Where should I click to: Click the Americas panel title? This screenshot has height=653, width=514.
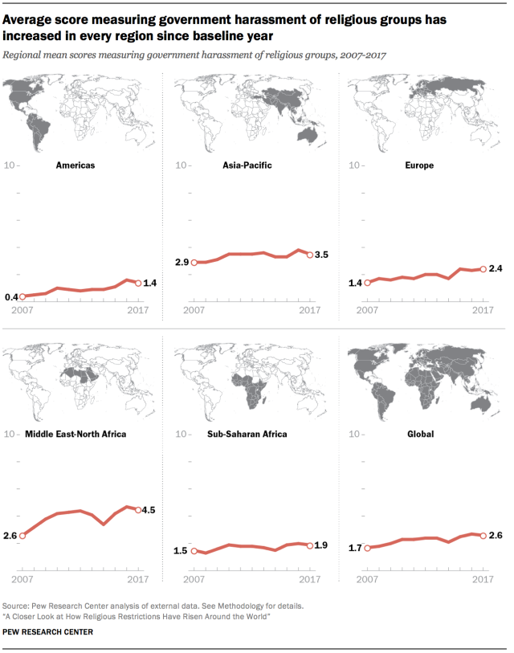click(x=75, y=165)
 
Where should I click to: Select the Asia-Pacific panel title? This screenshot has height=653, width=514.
click(x=247, y=165)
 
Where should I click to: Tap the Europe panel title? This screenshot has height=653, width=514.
click(x=419, y=165)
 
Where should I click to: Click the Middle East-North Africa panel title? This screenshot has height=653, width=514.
click(x=75, y=435)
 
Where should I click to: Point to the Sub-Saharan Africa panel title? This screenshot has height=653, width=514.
click(x=247, y=435)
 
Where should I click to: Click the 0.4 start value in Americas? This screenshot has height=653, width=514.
click(x=11, y=297)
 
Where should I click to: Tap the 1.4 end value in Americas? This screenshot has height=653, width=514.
click(x=150, y=284)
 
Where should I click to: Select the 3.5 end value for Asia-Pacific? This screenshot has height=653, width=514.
click(x=322, y=255)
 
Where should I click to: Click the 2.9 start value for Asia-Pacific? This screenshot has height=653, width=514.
click(x=182, y=263)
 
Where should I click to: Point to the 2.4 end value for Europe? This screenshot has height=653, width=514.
click(x=495, y=269)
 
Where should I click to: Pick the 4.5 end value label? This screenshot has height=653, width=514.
click(x=150, y=510)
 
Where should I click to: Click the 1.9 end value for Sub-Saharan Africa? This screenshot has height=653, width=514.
click(x=322, y=546)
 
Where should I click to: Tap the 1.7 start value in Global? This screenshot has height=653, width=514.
click(x=356, y=549)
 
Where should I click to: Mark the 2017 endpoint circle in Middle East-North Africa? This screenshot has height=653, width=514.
click(x=138, y=510)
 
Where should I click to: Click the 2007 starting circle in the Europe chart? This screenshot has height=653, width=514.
click(x=366, y=283)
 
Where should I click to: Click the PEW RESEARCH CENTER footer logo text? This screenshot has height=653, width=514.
click(x=47, y=632)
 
